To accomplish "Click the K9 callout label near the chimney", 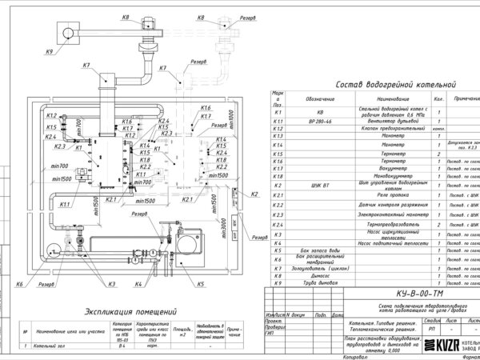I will tap(50, 52).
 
